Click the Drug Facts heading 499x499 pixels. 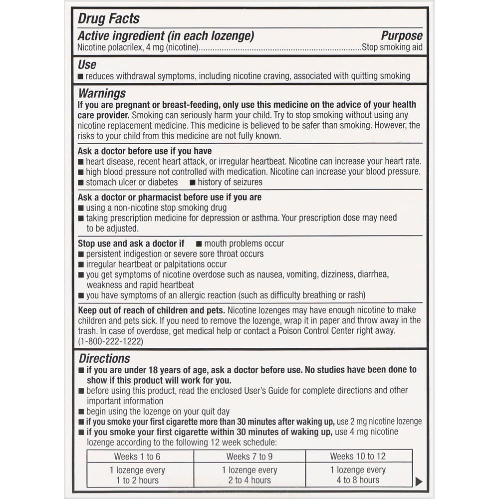click(108, 19)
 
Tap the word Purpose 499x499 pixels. click(401, 36)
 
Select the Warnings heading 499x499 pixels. click(102, 94)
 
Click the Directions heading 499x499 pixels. click(104, 358)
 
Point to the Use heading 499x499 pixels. click(87, 65)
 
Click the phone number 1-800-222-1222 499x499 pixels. click(111, 341)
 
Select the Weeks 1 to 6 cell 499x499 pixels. click(137, 456)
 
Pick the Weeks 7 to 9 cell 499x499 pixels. click(249, 456)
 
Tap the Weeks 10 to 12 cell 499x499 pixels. click(357, 456)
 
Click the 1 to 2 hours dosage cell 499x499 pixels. click(137, 475)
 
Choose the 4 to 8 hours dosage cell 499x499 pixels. click(357, 475)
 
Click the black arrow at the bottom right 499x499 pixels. click(419, 481)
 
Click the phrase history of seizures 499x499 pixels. click(230, 182)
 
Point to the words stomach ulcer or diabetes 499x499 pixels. click(132, 182)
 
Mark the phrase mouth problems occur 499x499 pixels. click(244, 244)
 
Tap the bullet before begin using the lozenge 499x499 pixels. click(81, 412)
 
